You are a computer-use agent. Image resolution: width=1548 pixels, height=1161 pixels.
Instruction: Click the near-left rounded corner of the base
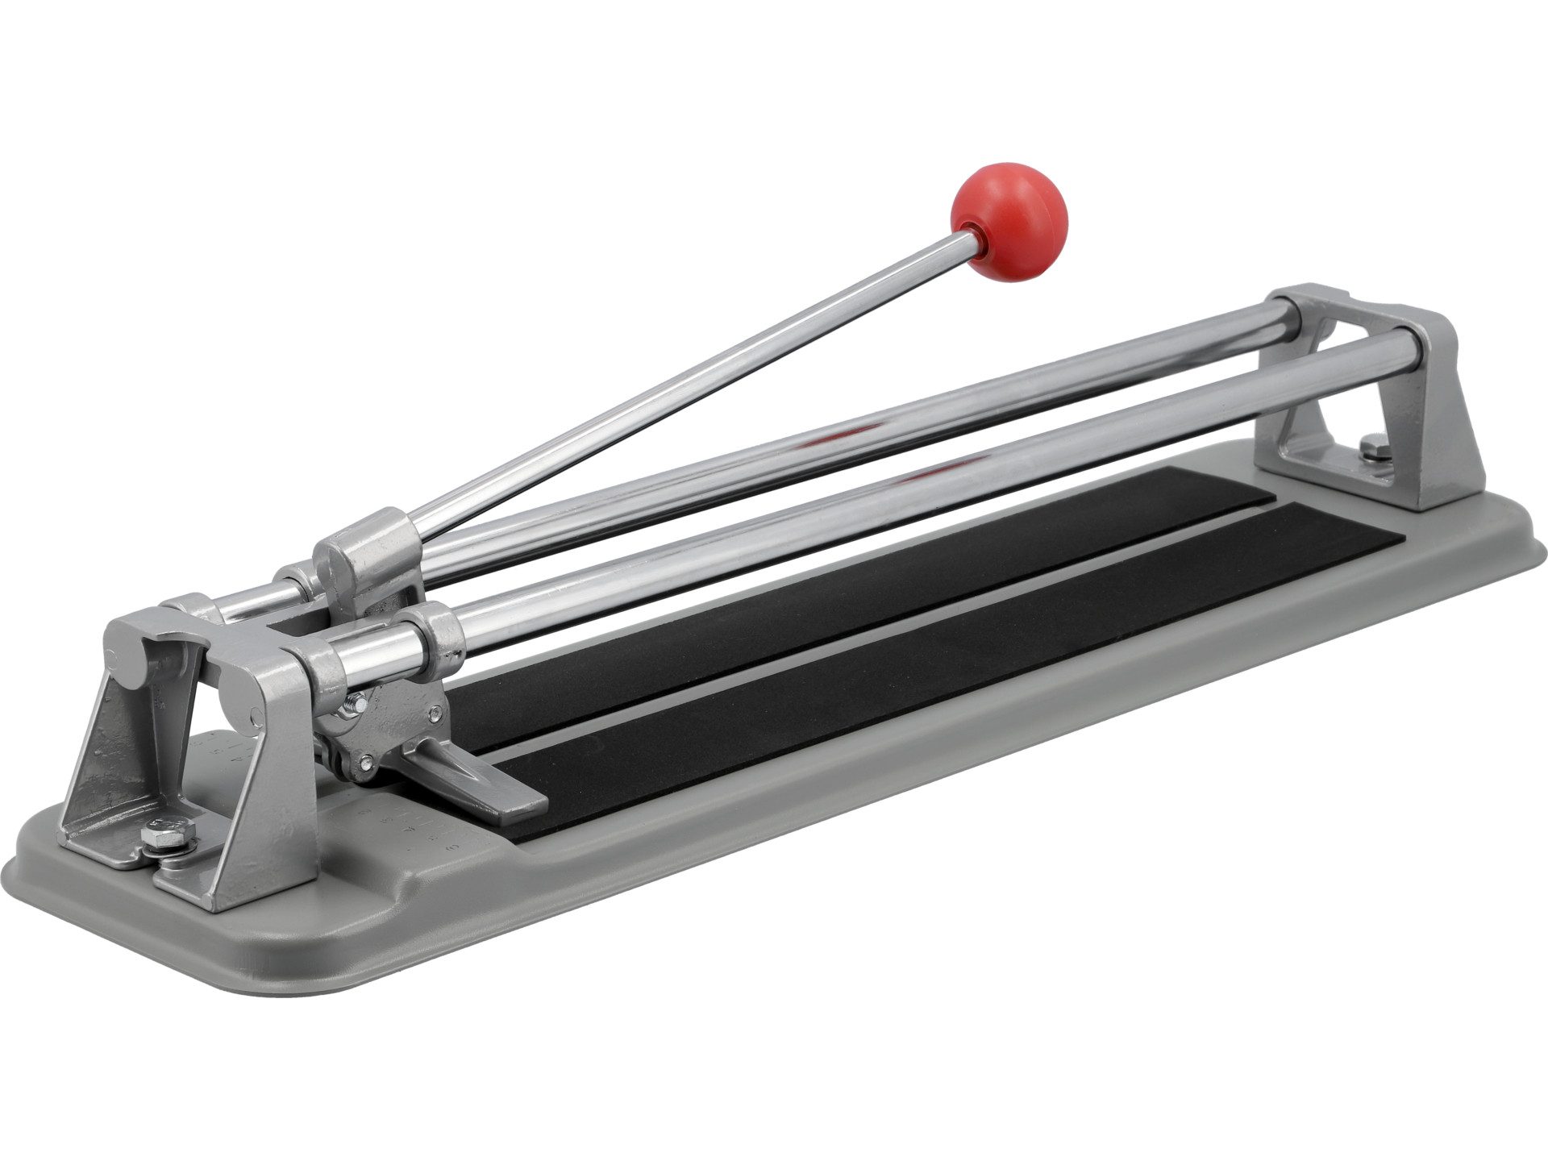[32, 871]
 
